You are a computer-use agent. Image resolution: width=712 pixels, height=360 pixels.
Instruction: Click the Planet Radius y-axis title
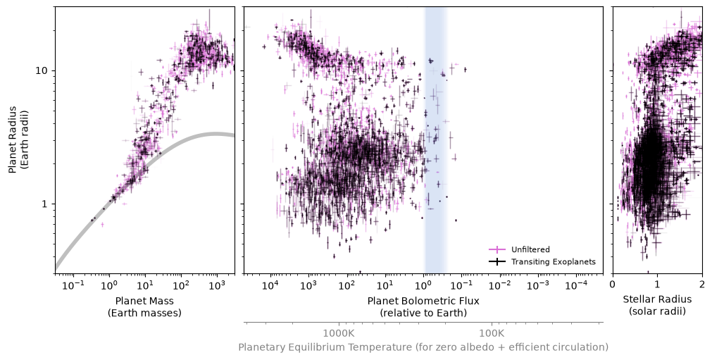(18, 139)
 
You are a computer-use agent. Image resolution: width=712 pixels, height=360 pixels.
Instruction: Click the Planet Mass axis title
(144, 307)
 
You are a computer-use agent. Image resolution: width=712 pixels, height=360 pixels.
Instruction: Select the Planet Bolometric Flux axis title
(423, 307)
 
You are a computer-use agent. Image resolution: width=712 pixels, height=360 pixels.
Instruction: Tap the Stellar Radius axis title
(657, 305)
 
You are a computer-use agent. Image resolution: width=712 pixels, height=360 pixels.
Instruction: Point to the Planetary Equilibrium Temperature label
(423, 347)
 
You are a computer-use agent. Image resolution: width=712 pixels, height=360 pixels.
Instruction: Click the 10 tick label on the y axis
(43, 71)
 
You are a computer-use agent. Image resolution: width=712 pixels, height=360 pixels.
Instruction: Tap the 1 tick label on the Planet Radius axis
(46, 204)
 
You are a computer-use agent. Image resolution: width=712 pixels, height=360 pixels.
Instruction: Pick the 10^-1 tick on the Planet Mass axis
(73, 285)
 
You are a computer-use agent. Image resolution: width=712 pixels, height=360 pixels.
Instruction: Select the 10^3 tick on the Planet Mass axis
(217, 285)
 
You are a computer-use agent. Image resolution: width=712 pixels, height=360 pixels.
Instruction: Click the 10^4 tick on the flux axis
(270, 285)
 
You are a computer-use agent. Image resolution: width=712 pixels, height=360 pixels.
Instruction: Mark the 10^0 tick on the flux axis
(424, 285)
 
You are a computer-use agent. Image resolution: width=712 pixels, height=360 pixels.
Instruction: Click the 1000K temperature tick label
(339, 334)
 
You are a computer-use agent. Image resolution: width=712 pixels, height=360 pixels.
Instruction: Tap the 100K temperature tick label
(492, 334)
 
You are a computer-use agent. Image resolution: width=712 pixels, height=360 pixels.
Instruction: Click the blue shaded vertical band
(435, 139)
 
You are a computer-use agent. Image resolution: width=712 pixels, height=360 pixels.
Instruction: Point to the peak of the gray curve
(216, 133)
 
